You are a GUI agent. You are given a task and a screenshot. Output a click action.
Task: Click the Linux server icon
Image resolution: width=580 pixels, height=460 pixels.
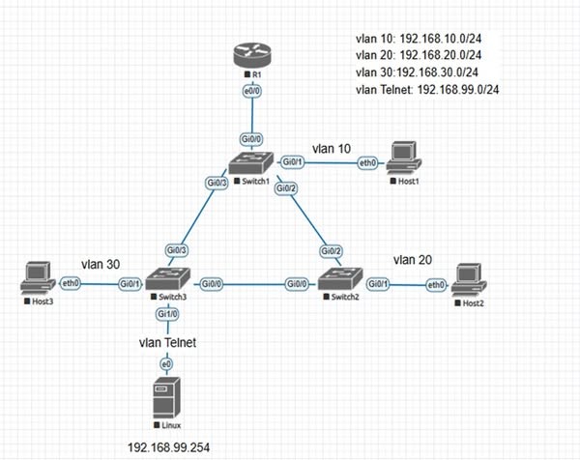[x=164, y=400]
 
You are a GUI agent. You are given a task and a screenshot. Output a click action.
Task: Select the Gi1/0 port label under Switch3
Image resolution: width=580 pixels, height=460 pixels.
[x=163, y=315]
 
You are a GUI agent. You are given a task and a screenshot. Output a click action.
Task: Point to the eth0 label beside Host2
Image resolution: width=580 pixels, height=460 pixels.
[x=436, y=284]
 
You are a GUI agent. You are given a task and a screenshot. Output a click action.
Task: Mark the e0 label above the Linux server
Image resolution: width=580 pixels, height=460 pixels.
[x=165, y=362]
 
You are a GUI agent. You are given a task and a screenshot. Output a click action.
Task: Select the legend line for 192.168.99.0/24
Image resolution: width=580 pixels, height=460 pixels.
[x=434, y=90]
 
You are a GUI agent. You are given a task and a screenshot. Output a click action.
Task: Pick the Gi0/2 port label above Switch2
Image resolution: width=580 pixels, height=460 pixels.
[x=332, y=251]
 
